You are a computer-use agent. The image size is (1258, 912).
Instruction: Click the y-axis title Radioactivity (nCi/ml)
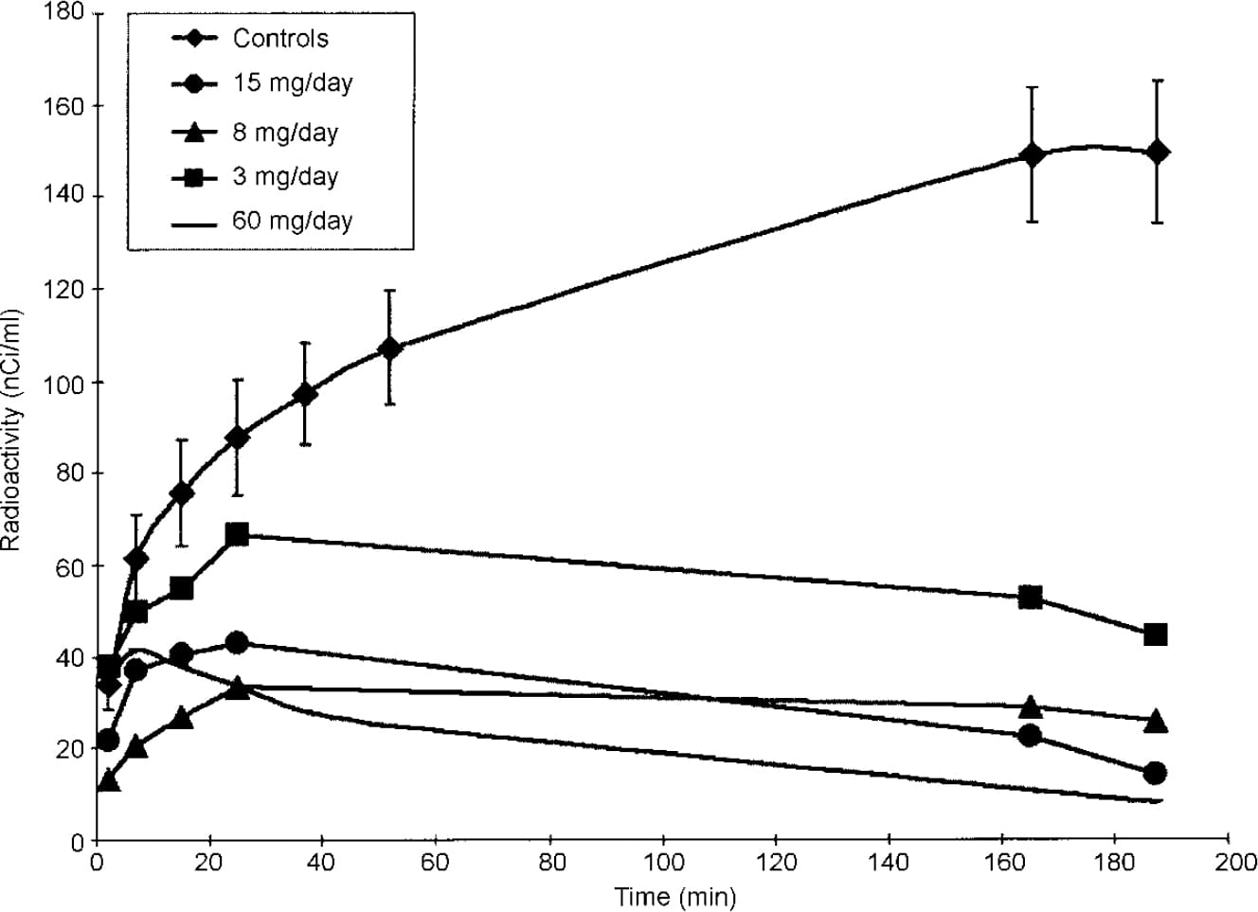coord(11,429)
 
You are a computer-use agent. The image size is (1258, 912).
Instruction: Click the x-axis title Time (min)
coord(674,896)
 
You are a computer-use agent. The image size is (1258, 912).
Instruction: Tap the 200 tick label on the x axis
coord(1228,863)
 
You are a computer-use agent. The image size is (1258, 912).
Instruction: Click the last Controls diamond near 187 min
coord(1156,152)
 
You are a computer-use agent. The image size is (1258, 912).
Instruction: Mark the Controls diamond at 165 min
coord(1032,154)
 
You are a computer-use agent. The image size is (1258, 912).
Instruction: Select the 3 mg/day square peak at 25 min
coord(238,534)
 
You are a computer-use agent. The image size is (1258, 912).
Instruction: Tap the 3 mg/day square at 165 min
coord(1031,598)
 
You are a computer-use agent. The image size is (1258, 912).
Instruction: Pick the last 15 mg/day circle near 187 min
coord(1155,773)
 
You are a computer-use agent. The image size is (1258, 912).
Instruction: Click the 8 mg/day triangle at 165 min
coord(1031,707)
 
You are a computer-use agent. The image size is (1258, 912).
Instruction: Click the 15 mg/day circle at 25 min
coord(238,642)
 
